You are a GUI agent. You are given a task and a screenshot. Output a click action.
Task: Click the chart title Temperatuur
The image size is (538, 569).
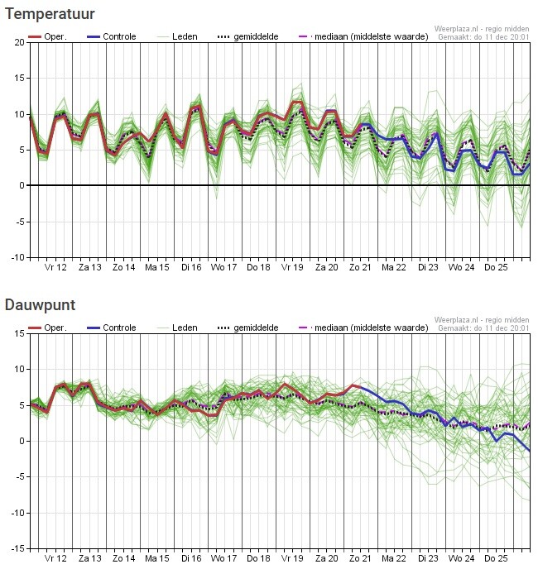pyautogui.click(x=50, y=14)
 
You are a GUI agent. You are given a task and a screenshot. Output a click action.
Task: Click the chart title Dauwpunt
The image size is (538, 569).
pyautogui.click(x=40, y=305)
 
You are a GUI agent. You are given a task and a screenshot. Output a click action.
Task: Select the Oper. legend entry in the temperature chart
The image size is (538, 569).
pyautogui.click(x=46, y=37)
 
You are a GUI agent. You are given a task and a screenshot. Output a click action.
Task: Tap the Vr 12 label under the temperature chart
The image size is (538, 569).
pyautogui.click(x=55, y=268)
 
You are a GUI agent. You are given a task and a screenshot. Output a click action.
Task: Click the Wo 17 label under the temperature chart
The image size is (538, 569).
pyautogui.click(x=223, y=268)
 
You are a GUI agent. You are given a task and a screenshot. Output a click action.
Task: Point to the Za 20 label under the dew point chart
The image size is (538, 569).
pyautogui.click(x=326, y=559)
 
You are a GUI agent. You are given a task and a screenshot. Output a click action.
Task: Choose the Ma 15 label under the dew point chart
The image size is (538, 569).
pyautogui.click(x=157, y=559)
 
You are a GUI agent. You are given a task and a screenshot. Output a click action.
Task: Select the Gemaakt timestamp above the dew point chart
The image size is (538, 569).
pyautogui.click(x=483, y=328)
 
